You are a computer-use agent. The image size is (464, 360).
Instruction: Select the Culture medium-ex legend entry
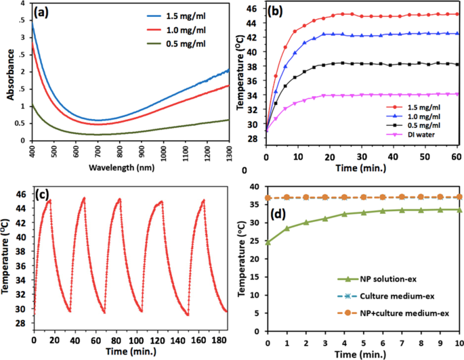click(x=386, y=296)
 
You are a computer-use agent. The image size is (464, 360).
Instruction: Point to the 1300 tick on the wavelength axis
click(x=228, y=148)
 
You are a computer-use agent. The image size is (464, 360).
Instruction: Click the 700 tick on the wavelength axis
click(x=98, y=148)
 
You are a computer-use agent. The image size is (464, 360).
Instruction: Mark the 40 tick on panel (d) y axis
click(x=257, y=187)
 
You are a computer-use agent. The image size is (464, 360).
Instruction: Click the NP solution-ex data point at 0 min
click(x=268, y=242)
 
